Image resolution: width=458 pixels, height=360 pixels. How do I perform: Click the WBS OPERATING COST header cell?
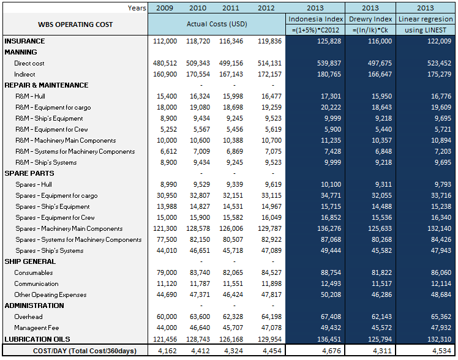coord(75,24)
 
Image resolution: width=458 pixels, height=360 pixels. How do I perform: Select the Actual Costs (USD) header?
coord(216,24)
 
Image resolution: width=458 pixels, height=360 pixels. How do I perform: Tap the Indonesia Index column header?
coord(315,19)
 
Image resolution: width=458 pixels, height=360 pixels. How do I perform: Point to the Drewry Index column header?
coord(370,19)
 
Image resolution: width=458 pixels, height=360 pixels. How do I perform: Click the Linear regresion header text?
coord(425,19)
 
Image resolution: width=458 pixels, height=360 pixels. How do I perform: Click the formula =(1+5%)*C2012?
coord(315,30)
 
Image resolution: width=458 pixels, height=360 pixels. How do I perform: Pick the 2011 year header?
coord(231,8)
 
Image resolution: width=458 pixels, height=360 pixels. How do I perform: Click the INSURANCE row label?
coord(24,41)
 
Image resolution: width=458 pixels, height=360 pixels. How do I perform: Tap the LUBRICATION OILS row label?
coord(37,339)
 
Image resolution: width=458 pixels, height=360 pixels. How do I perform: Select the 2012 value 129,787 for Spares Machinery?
coord(269,228)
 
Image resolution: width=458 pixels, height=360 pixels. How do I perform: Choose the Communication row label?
coord(36,283)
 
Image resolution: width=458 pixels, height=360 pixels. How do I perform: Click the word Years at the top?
coord(137,8)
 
